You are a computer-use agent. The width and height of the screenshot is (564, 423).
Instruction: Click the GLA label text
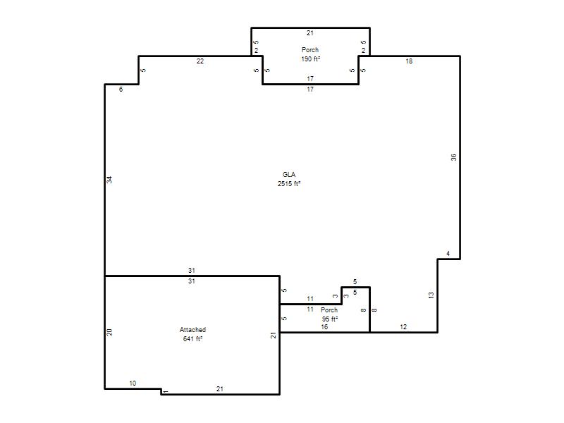[x=289, y=174]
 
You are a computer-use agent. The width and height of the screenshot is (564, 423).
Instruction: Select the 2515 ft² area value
[x=289, y=183]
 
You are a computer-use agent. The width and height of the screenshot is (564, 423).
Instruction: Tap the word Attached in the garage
[x=192, y=329]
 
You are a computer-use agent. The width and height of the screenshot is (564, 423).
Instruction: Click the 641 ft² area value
[x=192, y=338]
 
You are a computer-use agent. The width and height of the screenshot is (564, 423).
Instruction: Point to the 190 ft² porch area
[x=310, y=59]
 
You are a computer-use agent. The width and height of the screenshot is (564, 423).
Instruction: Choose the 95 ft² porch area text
[x=329, y=319]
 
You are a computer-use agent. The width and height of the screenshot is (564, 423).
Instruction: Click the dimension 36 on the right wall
[x=453, y=157]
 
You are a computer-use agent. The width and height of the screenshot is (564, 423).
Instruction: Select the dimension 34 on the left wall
[x=109, y=180]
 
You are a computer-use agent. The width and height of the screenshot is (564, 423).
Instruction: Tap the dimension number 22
[x=200, y=61]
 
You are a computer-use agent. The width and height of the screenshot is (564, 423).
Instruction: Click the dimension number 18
[x=409, y=61]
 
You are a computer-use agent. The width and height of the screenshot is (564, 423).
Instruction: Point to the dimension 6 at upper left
[x=121, y=90]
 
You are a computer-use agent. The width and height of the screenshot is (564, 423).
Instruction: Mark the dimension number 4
[x=448, y=254]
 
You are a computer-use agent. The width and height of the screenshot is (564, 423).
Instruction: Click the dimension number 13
[x=431, y=295]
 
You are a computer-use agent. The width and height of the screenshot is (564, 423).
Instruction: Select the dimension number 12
[x=403, y=326]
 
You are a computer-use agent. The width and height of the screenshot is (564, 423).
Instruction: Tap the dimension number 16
[x=324, y=327]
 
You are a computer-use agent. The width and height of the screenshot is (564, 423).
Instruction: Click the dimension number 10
[x=133, y=383]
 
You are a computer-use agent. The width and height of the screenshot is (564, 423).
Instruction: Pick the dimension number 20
[x=109, y=332]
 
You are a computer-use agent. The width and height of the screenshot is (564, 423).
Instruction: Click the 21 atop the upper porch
[x=310, y=33]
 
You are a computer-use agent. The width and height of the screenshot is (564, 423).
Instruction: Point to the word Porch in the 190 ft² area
[x=310, y=49]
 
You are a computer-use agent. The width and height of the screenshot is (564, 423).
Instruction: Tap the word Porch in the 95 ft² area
[x=329, y=309]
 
